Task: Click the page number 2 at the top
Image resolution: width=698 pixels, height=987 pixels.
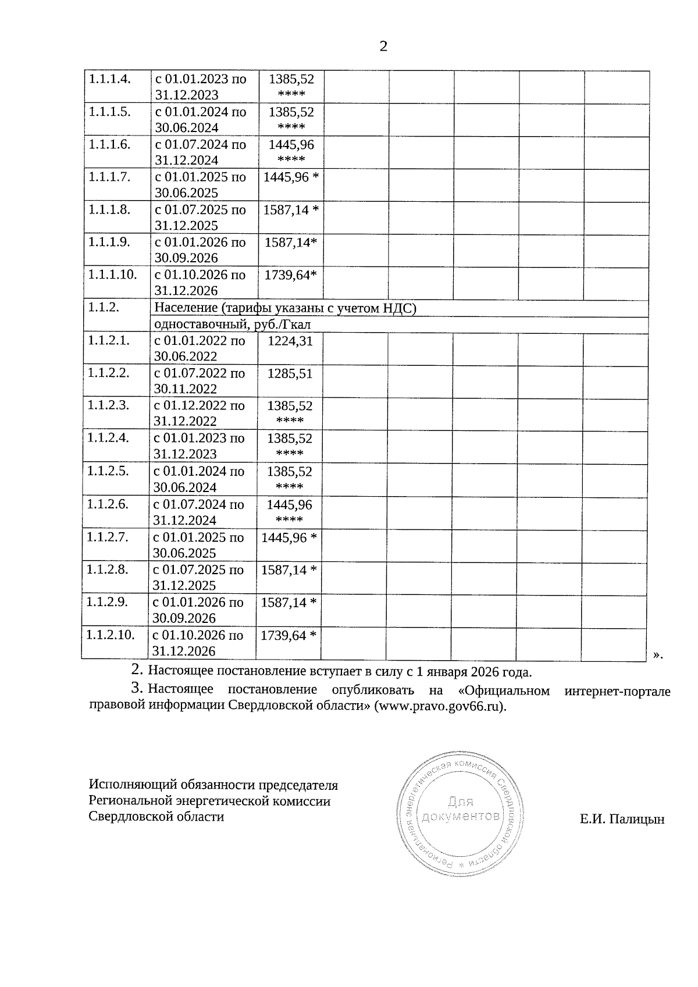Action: (383, 47)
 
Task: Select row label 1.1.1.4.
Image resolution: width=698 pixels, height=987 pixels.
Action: (109, 79)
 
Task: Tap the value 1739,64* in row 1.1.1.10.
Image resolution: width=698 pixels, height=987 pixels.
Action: (291, 275)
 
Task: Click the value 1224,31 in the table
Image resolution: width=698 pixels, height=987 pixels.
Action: (290, 341)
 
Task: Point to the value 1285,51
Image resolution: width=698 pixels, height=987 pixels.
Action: (290, 373)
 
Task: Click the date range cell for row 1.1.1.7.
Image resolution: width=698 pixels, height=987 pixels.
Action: (200, 185)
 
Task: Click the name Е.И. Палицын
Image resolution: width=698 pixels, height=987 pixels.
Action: (622, 819)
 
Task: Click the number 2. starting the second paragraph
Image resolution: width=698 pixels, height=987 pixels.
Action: (137, 669)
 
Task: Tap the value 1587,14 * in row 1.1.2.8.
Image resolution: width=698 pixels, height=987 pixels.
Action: (289, 570)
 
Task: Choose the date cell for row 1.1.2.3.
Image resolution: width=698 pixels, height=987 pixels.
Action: (198, 414)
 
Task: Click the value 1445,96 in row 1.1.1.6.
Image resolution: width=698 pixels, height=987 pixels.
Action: (291, 144)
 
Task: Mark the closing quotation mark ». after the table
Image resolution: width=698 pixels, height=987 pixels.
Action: (657, 655)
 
